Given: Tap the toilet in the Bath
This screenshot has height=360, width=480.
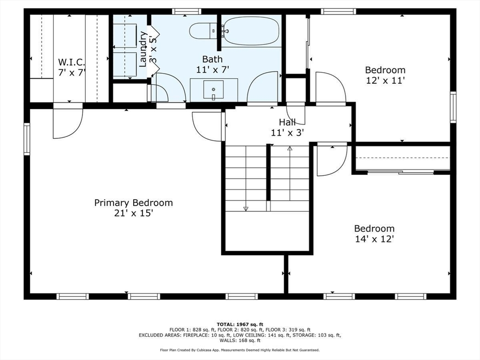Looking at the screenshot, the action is tap(203, 31).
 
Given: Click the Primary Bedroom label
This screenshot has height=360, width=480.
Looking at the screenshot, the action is tap(134, 202).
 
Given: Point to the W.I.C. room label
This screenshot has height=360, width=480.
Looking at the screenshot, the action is tap(71, 62).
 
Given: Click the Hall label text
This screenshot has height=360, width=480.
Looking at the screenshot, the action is tap(287, 122).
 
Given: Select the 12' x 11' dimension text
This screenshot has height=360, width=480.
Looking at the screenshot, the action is tap(386, 81).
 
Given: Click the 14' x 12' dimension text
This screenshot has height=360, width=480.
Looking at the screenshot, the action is tap(375, 239).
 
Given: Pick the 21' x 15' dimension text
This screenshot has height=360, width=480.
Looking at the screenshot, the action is tap(134, 213).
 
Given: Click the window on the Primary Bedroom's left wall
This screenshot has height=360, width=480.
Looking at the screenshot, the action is tap(27, 139).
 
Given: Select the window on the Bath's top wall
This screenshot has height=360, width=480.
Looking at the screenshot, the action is tap(187, 12).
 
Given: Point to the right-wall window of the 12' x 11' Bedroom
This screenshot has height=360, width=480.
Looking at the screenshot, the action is tap(453, 107).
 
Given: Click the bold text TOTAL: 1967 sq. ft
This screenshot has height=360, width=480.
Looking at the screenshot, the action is tap(240, 324).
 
